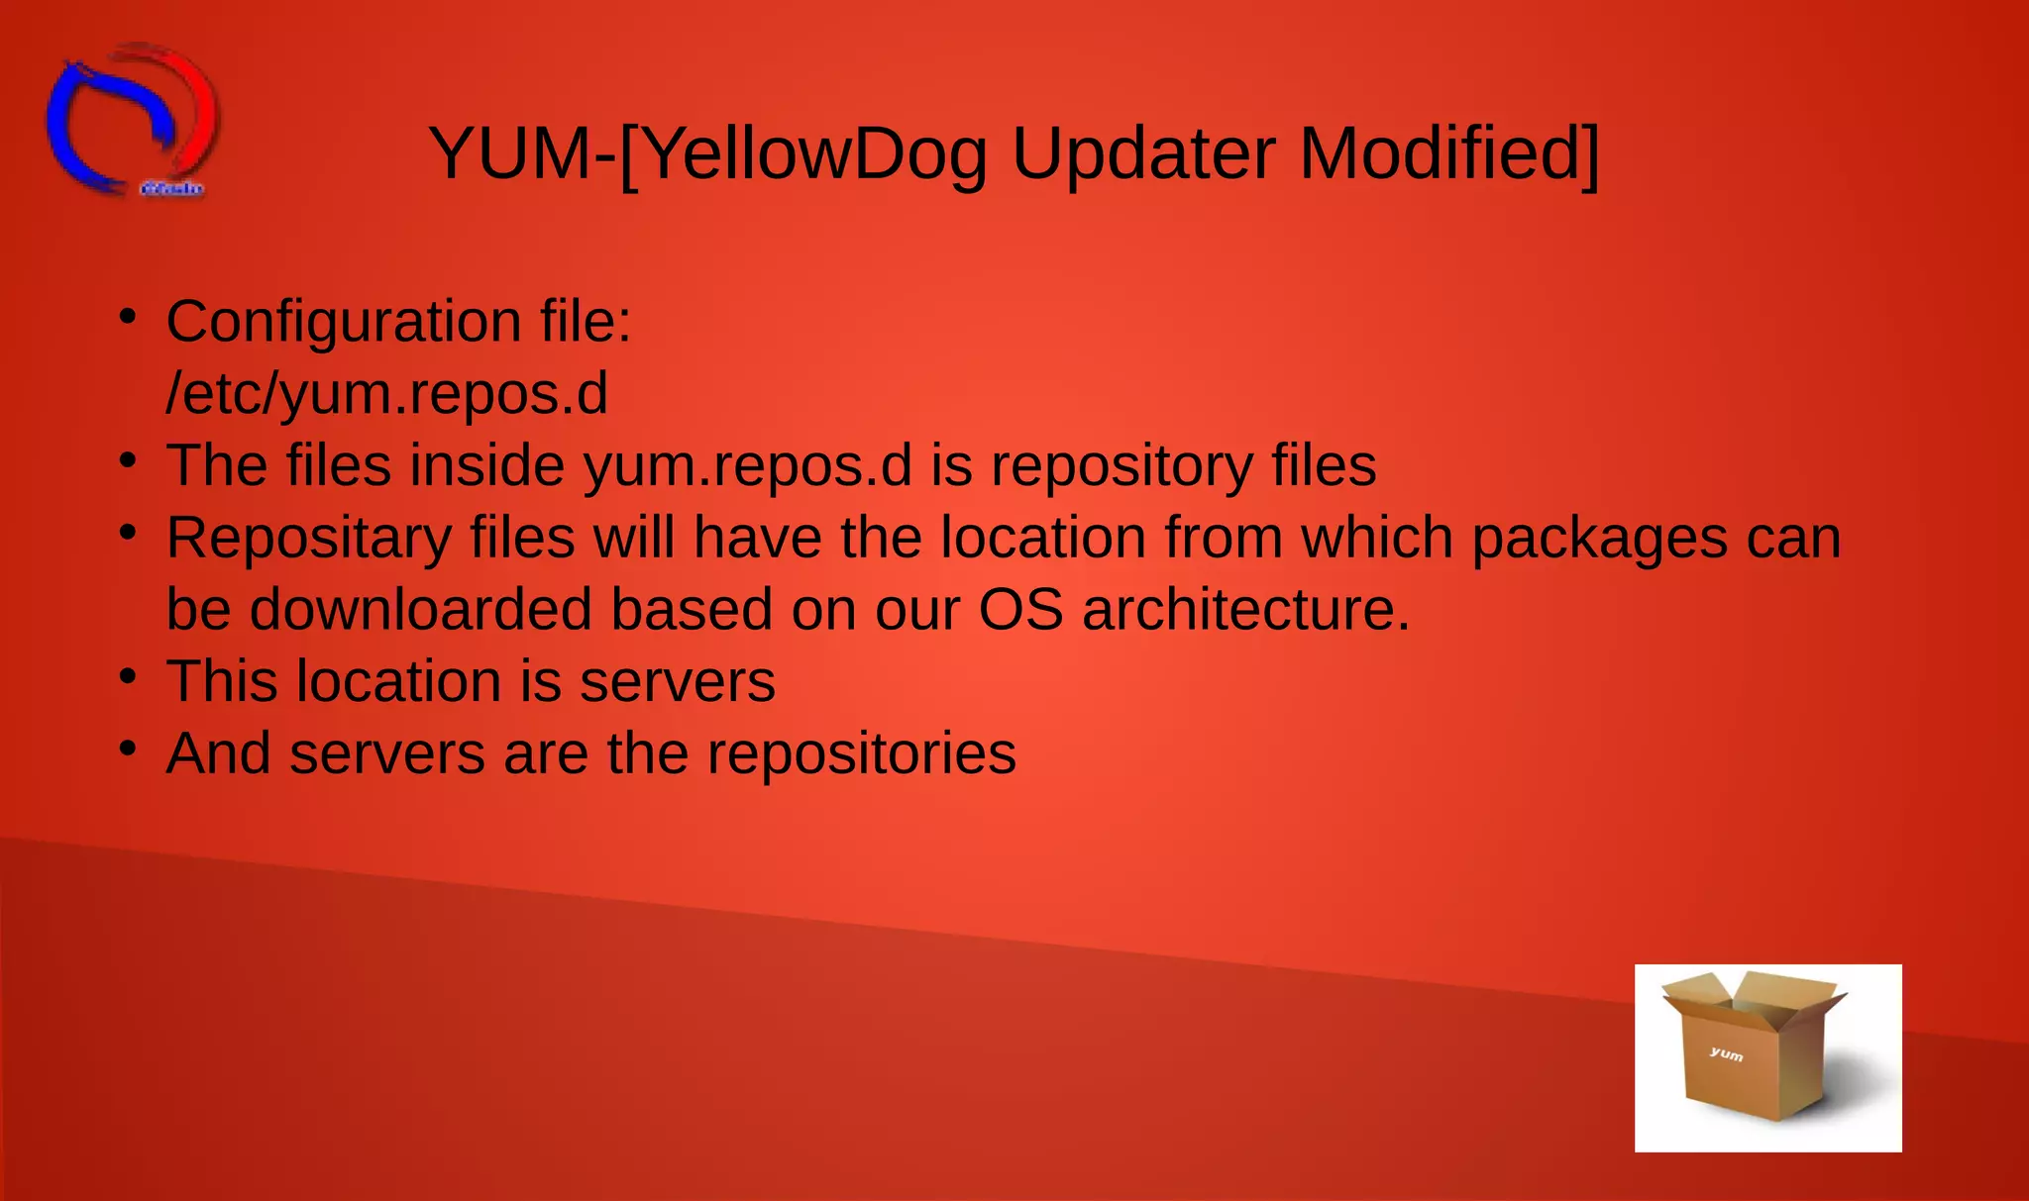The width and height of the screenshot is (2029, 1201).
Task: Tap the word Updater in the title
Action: click(x=1142, y=154)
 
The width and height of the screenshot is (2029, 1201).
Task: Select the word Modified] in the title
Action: click(x=1447, y=154)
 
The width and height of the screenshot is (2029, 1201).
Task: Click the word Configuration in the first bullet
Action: click(x=343, y=323)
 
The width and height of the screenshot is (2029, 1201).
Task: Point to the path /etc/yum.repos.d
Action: click(x=386, y=394)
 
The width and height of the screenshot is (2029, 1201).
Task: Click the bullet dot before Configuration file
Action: click(x=127, y=317)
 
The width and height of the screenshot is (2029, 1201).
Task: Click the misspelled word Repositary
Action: click(x=308, y=539)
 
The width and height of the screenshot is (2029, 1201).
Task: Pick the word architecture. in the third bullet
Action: click(x=1245, y=609)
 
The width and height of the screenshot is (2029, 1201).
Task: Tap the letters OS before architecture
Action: click(x=1020, y=609)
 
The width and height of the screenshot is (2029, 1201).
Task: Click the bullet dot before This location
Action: click(x=127, y=677)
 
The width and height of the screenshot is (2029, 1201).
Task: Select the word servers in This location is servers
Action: click(x=677, y=682)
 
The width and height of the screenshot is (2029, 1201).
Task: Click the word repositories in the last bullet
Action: click(x=861, y=753)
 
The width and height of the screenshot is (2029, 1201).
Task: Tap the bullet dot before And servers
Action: click(x=127, y=749)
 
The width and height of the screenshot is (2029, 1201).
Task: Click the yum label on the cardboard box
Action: click(x=1726, y=1053)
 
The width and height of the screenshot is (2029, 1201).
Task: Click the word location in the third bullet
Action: click(x=1042, y=539)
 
